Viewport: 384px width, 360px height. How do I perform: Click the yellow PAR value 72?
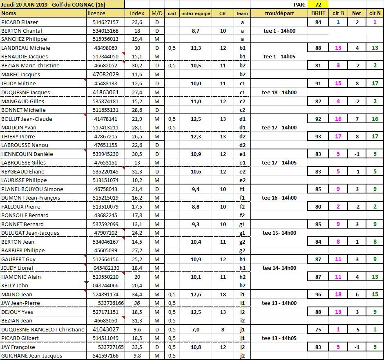pos(317,4)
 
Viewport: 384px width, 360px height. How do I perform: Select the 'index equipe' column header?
pos(196,13)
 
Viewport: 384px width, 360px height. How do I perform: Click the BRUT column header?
pos(318,13)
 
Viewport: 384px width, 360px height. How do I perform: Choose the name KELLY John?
pos(15,286)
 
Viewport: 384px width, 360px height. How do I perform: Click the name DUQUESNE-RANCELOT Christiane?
pos(43,329)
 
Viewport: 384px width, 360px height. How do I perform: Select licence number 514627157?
pos(106,22)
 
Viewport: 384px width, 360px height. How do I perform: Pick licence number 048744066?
pos(106,286)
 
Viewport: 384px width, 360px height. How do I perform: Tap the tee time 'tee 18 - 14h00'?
pos(279,92)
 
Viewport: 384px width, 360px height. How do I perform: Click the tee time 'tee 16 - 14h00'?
pos(279,198)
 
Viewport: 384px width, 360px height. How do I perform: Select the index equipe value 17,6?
pos(196,294)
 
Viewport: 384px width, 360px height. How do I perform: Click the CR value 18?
pos(223,294)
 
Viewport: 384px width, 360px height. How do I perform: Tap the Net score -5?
pos(357,329)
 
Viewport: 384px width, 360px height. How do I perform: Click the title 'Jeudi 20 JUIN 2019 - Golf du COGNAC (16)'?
pos(53,4)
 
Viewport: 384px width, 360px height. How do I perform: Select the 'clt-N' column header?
pos(375,13)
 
